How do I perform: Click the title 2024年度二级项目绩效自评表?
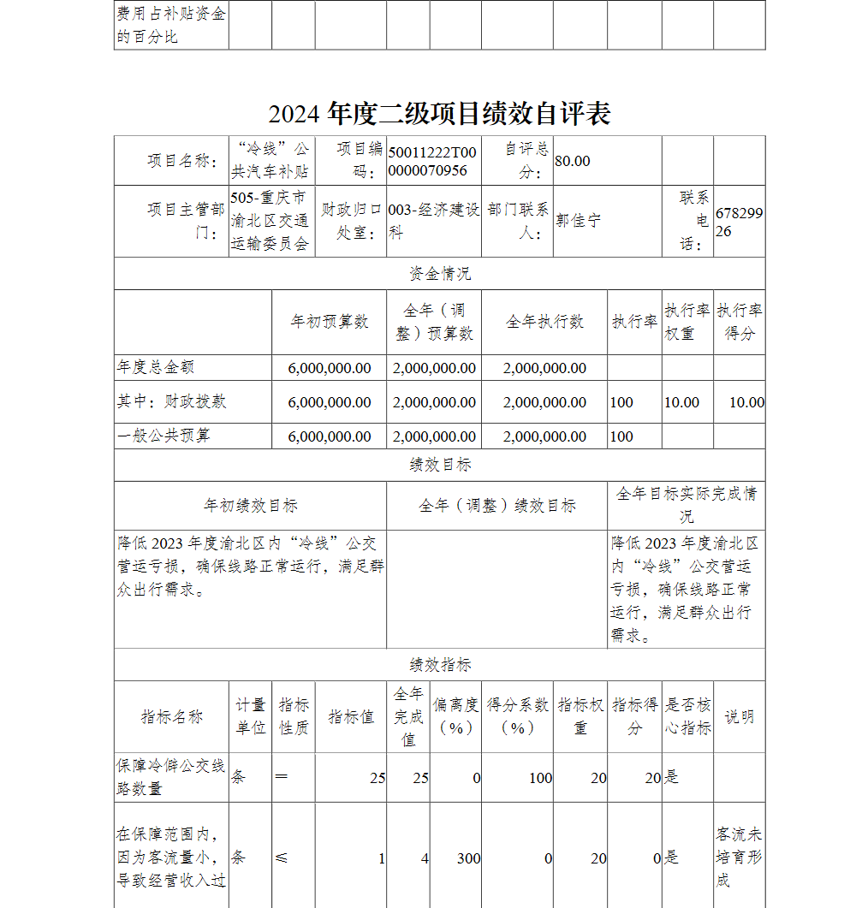click(439, 113)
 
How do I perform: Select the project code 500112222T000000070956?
click(432, 161)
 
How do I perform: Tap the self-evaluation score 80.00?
click(573, 161)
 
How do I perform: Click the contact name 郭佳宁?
click(579, 221)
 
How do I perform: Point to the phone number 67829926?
click(739, 221)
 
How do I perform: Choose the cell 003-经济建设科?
click(433, 221)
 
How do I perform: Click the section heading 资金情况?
click(439, 274)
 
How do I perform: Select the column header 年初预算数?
click(330, 322)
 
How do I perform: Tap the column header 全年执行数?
click(544, 322)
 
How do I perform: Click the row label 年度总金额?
click(156, 367)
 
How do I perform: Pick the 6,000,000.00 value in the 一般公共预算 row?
click(330, 436)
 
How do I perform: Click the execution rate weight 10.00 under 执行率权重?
click(681, 402)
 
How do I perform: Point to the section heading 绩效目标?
click(439, 465)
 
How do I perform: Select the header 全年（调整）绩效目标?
click(496, 506)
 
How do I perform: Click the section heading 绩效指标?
click(439, 665)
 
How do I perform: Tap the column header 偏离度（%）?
click(456, 716)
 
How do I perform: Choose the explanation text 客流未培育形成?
click(739, 857)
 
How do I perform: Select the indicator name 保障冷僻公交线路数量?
click(171, 777)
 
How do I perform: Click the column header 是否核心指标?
click(687, 716)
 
